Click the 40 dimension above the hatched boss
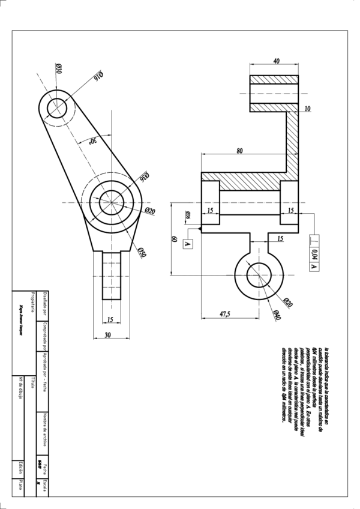[276, 61]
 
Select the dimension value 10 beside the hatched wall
[307, 109]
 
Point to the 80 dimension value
[239, 151]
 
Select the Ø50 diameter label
[142, 253]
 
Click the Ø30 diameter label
[59, 68]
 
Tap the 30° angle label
[92, 142]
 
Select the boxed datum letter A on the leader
[187, 244]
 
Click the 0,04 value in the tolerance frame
[315, 253]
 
